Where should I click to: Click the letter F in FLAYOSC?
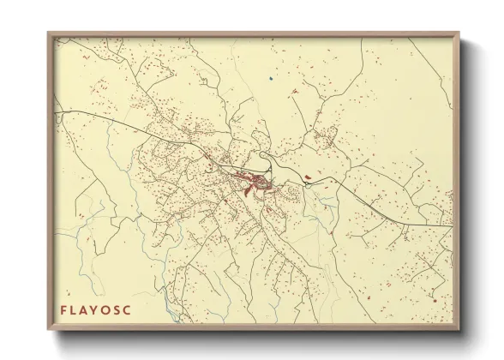click(63, 309)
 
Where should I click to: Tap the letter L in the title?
click(75, 309)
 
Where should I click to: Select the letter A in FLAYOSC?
click(86, 309)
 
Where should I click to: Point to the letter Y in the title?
click(97, 309)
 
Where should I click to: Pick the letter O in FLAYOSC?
click(108, 309)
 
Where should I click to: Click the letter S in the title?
click(119, 309)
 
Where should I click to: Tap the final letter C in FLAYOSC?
click(129, 309)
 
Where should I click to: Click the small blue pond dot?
click(268, 79)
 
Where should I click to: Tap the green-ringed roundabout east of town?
click(306, 182)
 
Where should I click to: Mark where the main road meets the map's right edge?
click(452, 226)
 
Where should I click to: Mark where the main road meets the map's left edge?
click(54, 111)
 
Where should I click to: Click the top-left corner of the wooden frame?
click(48, 33)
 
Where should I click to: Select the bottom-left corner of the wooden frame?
click(48, 330)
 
